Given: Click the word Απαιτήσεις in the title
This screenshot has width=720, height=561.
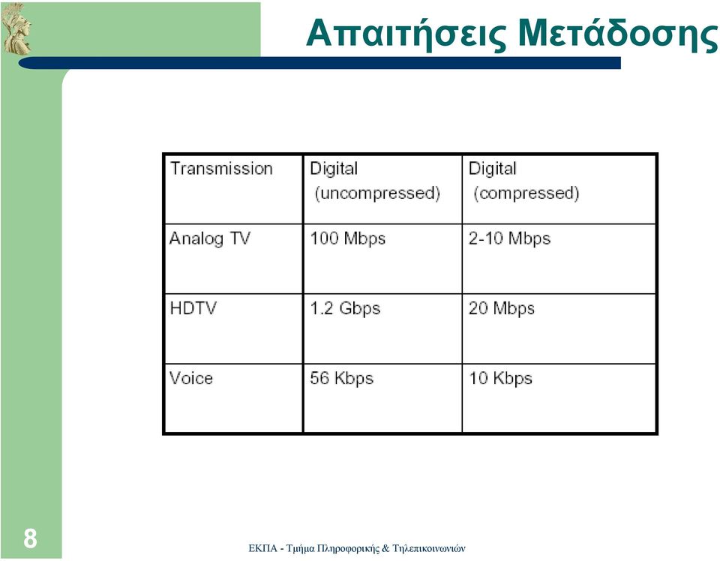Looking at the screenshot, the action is coord(406,34).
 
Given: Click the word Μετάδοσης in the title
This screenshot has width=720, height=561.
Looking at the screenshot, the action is coord(618,34).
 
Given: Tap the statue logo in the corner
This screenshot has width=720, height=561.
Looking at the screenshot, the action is coord(16,28).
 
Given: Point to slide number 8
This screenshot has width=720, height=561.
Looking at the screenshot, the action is coord(30,538).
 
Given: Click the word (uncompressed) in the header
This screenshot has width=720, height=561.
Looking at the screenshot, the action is coord(377,193).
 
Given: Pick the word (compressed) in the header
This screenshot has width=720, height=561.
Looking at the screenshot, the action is coord(526,193).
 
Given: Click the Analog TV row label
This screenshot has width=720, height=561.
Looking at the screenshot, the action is coord(210,238).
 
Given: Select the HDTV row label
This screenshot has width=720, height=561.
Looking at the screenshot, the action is coord(193,308).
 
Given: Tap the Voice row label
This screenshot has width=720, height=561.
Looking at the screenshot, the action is coord(191,378).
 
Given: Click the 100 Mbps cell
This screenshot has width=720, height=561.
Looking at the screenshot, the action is coord(347,238).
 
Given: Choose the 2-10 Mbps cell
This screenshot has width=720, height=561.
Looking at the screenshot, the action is coord(509,238).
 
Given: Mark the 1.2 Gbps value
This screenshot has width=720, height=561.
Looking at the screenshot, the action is coord(345,308).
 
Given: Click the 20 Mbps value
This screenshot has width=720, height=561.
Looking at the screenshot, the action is coord(502,308).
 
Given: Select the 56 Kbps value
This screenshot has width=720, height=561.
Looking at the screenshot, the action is coord(342,378).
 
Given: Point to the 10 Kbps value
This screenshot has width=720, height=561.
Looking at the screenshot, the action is coord(500,378).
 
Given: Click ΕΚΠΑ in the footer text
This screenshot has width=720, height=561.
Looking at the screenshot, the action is coord(262,548).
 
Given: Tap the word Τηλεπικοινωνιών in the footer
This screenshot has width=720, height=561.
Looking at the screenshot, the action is coord(429,548).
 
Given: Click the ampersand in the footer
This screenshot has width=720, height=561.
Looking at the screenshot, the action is coord(385,548).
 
